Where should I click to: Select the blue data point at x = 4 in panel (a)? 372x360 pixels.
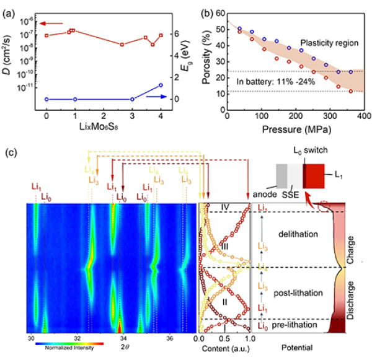pos(161,85)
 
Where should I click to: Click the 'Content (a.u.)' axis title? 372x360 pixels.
pos(224,349)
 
